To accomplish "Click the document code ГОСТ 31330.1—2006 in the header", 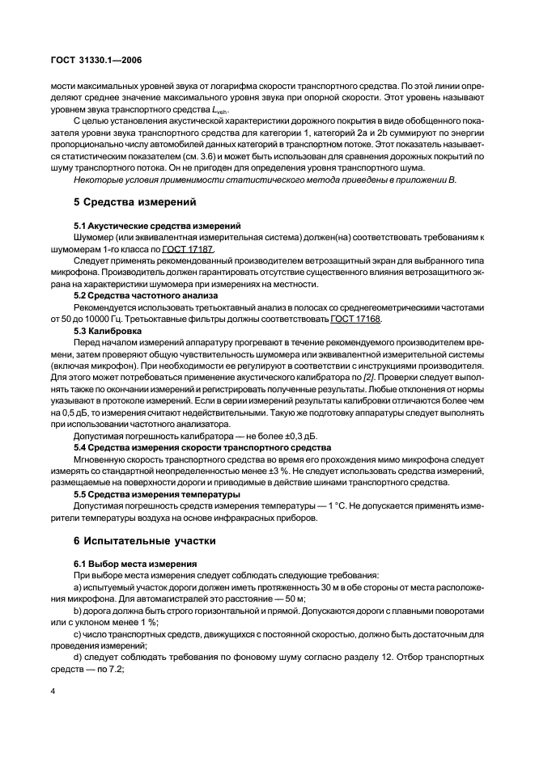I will (96, 60).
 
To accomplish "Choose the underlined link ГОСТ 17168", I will (355, 319).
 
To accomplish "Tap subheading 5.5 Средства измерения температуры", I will (157, 494).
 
